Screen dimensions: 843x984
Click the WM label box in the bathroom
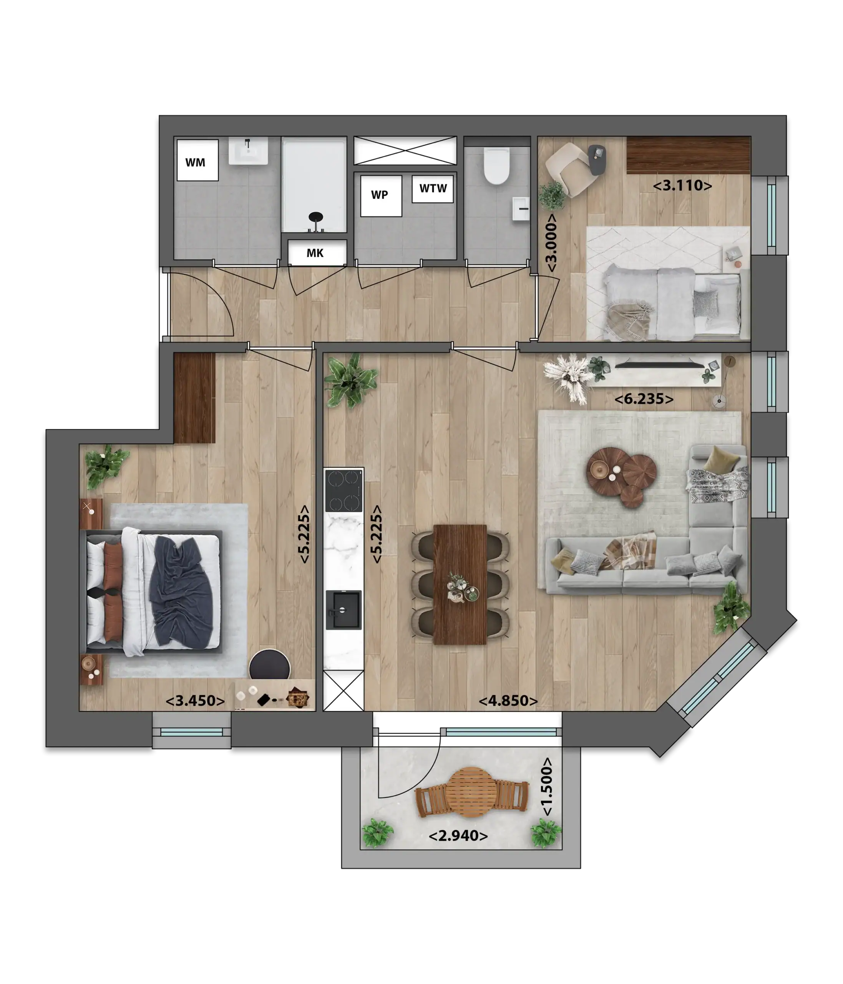[197, 160]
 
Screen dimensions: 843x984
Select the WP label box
[381, 196]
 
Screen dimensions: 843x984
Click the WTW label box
[432, 189]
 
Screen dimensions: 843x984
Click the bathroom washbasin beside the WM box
[248, 151]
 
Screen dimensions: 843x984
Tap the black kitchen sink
[343, 610]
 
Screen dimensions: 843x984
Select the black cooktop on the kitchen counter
[344, 490]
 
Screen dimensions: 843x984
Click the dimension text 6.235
[644, 399]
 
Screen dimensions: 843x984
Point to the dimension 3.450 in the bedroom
[195, 701]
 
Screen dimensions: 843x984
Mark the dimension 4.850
[508, 701]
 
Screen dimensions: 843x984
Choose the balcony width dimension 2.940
[458, 836]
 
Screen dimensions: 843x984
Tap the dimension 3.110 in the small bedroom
[682, 185]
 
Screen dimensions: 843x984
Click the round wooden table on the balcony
[472, 792]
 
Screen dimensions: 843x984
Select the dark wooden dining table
[460, 585]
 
